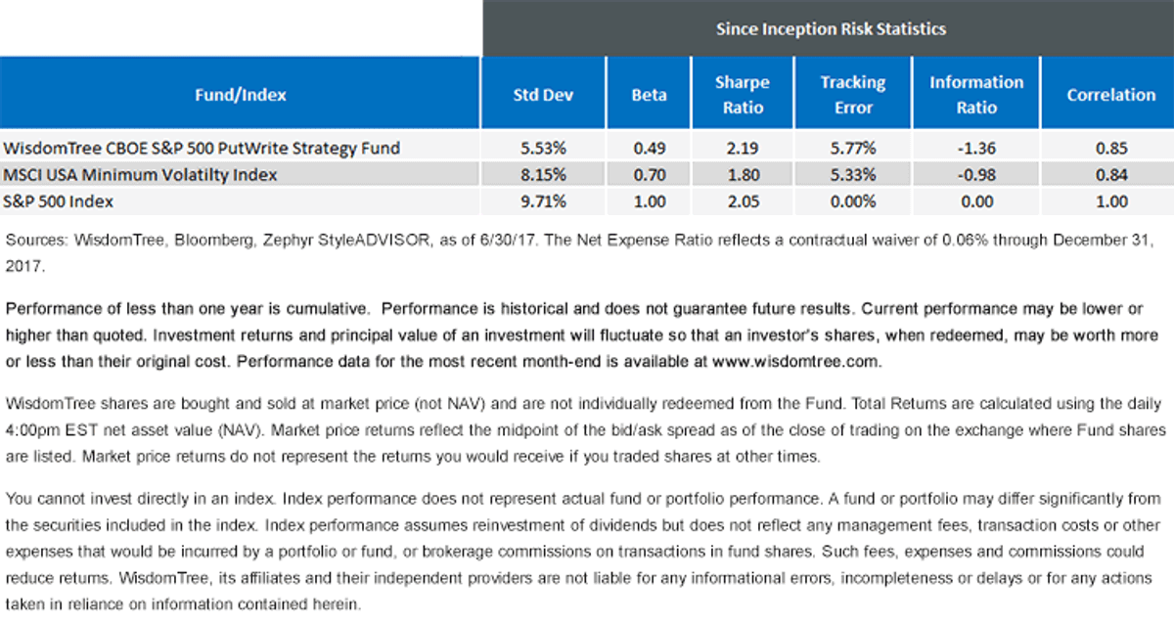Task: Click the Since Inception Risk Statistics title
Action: [x=831, y=28]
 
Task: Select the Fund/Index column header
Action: [x=241, y=95]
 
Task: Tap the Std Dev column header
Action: [x=543, y=95]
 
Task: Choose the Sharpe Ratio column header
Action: [x=743, y=95]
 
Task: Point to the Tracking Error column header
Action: [x=853, y=95]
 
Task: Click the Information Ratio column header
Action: [x=976, y=95]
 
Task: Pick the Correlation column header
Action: [x=1111, y=95]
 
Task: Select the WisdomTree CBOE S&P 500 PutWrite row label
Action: [x=202, y=149]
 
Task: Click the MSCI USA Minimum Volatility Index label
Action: [x=140, y=174]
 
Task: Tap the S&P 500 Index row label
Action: [x=58, y=201]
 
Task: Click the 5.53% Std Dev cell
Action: [x=543, y=149]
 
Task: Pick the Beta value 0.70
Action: [x=650, y=174]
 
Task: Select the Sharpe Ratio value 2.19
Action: [x=743, y=149]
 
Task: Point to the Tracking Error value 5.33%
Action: [x=853, y=174]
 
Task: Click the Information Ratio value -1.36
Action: [x=976, y=149]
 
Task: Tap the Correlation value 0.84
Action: [x=1111, y=174]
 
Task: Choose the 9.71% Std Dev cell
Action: [x=543, y=201]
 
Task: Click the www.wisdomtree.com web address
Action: [x=796, y=362]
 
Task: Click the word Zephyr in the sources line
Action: [x=286, y=241]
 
